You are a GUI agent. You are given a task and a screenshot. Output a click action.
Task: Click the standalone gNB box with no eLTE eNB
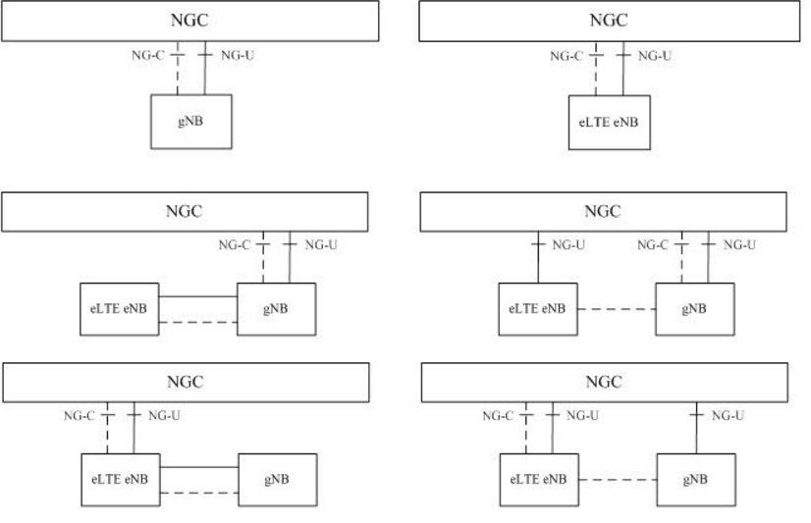191,122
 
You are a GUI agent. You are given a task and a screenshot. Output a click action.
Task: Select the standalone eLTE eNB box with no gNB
609,123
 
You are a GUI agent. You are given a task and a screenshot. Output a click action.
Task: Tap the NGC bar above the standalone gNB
190,21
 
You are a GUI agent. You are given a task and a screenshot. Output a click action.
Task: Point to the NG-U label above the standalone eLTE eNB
655,56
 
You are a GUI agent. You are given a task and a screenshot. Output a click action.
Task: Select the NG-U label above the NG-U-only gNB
727,416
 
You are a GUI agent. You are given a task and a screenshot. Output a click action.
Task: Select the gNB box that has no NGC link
277,480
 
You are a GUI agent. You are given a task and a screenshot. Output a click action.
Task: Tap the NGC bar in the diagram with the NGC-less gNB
186,383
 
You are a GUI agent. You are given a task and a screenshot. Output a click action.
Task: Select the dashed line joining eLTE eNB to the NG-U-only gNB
616,480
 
